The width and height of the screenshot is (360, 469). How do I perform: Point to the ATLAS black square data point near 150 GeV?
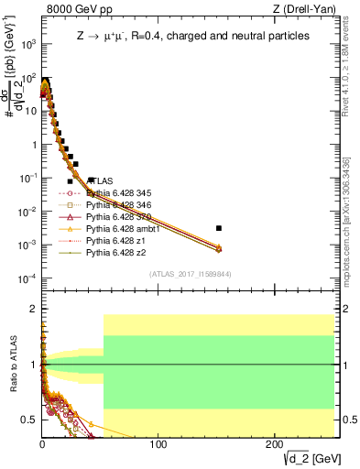[x=218, y=228]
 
